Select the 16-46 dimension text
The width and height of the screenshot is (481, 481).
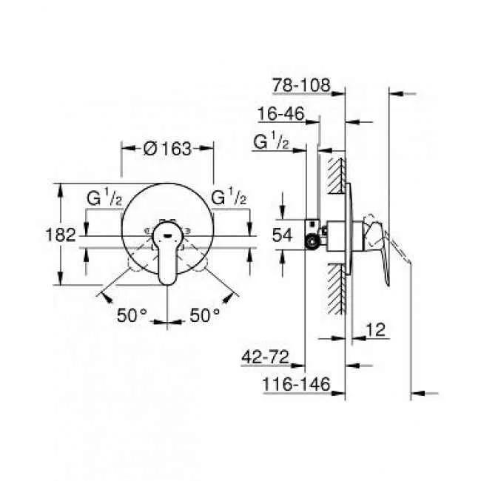(283, 115)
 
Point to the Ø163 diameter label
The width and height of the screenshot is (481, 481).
(167, 148)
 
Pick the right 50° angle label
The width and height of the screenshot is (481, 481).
(205, 315)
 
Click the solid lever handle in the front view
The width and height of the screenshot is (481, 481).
(169, 259)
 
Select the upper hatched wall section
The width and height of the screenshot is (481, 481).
(337, 185)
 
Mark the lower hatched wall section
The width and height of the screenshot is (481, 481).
(337, 289)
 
